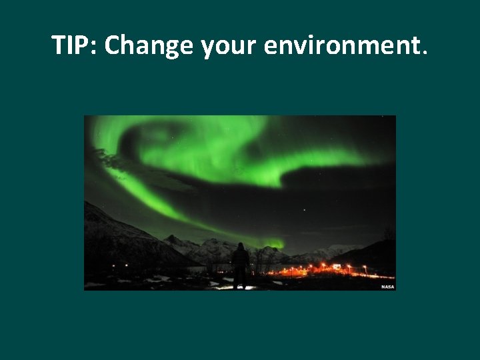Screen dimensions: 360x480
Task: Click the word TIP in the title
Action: pos(73,45)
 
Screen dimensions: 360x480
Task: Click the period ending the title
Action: pos(425,53)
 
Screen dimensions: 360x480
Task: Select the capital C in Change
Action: pos(112,45)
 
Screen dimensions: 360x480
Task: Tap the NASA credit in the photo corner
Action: pos(387,287)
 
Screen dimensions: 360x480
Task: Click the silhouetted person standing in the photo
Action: pos(240,265)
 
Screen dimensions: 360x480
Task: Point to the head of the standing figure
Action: pos(240,246)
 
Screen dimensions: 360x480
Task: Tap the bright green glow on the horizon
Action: pos(273,243)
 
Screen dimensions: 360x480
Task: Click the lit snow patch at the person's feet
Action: pos(241,287)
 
